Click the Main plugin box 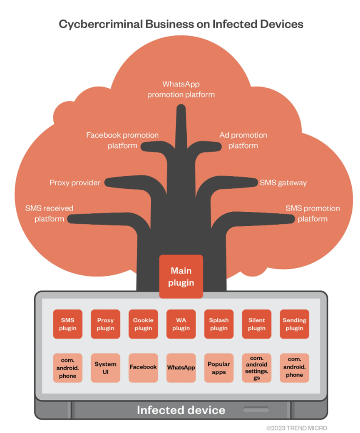[181, 276]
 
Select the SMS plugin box [68, 324]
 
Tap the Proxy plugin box [105, 324]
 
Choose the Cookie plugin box [143, 324]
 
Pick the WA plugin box [181, 324]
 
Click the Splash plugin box [218, 324]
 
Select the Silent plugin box [256, 324]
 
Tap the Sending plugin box [294, 324]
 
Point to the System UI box [105, 368]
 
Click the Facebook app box [143, 368]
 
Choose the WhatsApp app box [181, 368]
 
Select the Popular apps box [218, 368]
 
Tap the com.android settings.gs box [256, 368]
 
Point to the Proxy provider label [75, 183]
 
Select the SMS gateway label [283, 183]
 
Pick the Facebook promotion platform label [122, 141]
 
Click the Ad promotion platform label [243, 141]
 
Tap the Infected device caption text [181, 410]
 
